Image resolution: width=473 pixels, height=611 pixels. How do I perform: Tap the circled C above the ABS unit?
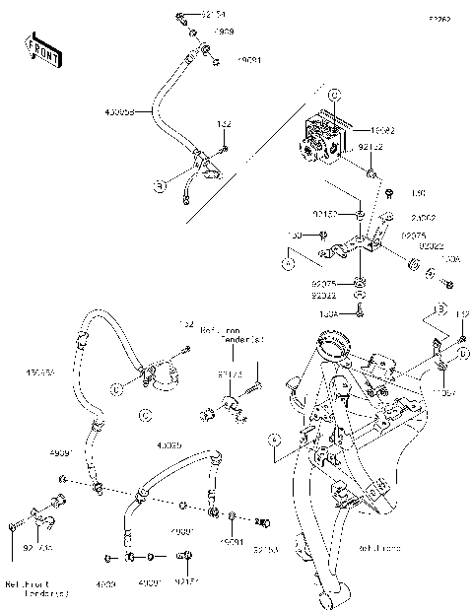(x=333, y=96)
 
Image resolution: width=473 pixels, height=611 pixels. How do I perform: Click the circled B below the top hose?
(x=159, y=183)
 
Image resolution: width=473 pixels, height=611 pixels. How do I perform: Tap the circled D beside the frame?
(x=462, y=352)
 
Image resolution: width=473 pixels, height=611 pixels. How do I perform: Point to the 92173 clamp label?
(x=230, y=374)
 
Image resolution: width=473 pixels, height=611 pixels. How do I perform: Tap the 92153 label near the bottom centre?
(x=266, y=548)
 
